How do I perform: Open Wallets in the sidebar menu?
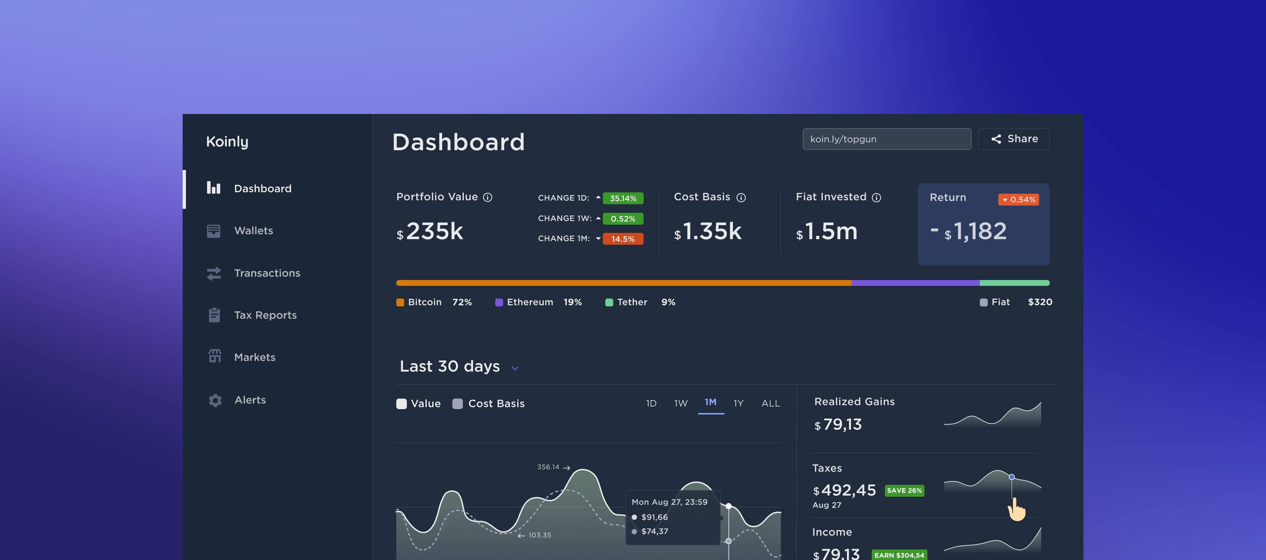[x=253, y=231]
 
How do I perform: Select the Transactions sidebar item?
[x=266, y=273]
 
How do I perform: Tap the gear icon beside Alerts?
[x=215, y=400]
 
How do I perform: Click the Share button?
[x=1014, y=139]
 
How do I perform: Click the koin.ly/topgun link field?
[x=886, y=139]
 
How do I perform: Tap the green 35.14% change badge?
[x=623, y=198]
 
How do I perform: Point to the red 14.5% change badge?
[x=623, y=239]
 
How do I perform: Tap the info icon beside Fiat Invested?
[x=876, y=197]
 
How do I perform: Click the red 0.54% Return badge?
[x=1018, y=199]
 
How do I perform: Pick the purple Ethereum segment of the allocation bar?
[x=915, y=283]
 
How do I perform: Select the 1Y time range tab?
[x=738, y=403]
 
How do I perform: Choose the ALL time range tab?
[x=770, y=403]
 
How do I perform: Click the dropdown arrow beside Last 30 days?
[x=515, y=368]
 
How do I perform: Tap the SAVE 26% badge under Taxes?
[x=904, y=491]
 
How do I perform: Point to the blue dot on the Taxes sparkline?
[x=1011, y=477]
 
